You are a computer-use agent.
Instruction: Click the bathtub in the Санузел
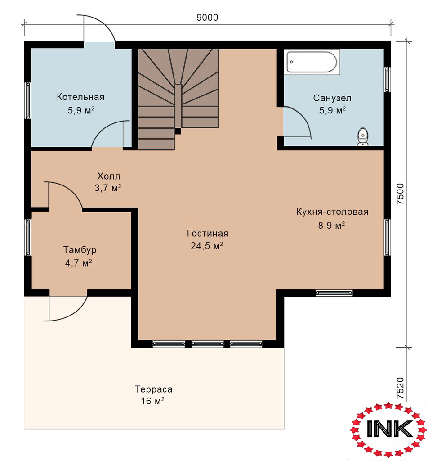pos(312,62)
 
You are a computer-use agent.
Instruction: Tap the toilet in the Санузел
pos(363,136)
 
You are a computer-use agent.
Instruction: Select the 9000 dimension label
pos(207,18)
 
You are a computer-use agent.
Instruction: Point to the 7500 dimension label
pos(400,194)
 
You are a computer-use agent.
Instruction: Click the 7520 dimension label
pos(400,388)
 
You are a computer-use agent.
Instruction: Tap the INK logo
pos(388,429)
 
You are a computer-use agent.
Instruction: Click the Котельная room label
pos(80,97)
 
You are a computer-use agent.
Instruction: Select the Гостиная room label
pos(208,234)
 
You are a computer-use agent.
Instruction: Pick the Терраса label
pos(153,389)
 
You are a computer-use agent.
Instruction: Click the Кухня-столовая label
pos(332,212)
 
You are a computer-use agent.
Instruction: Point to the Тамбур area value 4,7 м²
pos(78,262)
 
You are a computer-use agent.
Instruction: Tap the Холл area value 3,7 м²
pos(108,188)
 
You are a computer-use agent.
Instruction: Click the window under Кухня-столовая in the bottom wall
pos(334,293)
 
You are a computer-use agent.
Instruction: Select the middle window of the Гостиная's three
pos(208,343)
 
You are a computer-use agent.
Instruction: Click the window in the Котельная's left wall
pos(28,100)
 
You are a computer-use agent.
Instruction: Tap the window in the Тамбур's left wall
pos(28,237)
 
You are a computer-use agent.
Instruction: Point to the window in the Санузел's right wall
pos(387,79)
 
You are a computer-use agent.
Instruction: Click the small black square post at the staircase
pos(178,131)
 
